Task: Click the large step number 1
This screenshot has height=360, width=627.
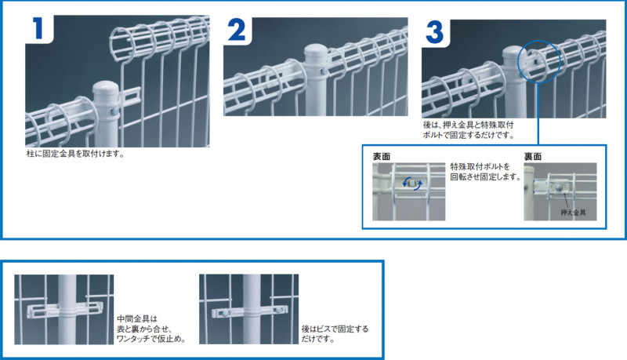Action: [x=38, y=28]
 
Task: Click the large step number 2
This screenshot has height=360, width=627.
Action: [x=237, y=30]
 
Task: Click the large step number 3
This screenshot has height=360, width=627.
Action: [x=435, y=32]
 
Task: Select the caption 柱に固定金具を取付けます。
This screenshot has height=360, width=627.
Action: [x=75, y=154]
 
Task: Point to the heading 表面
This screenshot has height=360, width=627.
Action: [x=382, y=156]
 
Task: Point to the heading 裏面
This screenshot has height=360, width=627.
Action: [x=533, y=156]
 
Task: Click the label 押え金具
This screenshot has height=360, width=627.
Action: [x=573, y=213]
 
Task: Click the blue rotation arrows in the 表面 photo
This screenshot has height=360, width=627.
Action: [x=412, y=184]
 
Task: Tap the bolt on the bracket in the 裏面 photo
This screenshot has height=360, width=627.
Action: [x=557, y=187]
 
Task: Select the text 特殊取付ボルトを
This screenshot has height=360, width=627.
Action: [x=480, y=166]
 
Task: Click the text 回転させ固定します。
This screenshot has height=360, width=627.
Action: [x=486, y=176]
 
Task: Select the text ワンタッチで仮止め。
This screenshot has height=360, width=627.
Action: [x=151, y=339]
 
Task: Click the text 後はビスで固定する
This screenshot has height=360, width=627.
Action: [x=335, y=329]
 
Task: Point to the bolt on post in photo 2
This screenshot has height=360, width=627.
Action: [x=324, y=72]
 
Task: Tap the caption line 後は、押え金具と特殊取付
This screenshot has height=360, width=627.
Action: [x=468, y=125]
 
